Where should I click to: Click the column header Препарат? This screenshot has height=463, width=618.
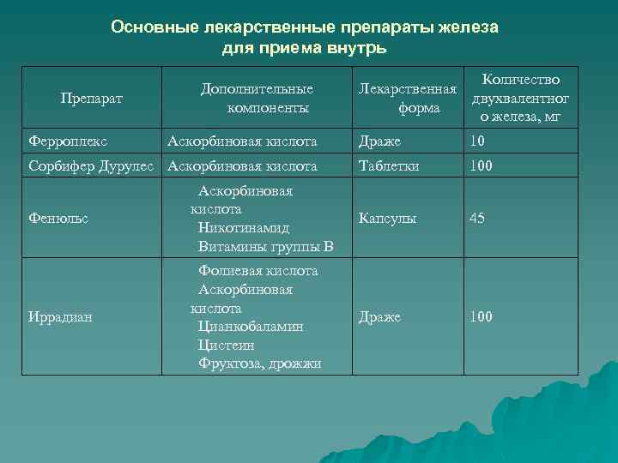click(92, 99)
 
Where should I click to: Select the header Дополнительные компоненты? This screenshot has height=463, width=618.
click(257, 99)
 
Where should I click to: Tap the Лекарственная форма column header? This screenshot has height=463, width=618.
click(407, 99)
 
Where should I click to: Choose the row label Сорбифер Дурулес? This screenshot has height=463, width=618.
click(91, 166)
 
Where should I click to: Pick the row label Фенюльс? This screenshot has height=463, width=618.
click(58, 219)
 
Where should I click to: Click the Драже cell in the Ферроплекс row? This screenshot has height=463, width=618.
click(379, 141)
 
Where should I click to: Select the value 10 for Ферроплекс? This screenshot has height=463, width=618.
click(476, 141)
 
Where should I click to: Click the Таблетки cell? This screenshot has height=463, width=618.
click(389, 166)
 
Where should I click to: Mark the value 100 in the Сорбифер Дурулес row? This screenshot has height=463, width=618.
click(481, 166)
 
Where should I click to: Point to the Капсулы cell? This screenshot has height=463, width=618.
click(387, 219)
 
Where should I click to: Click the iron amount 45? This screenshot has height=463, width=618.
click(477, 219)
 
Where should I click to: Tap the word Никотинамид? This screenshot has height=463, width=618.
click(244, 228)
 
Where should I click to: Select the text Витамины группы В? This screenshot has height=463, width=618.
click(265, 247)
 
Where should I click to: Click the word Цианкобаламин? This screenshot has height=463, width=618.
click(251, 327)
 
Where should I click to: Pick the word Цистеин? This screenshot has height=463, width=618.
click(226, 346)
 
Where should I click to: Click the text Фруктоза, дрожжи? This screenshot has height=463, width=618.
click(259, 364)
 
